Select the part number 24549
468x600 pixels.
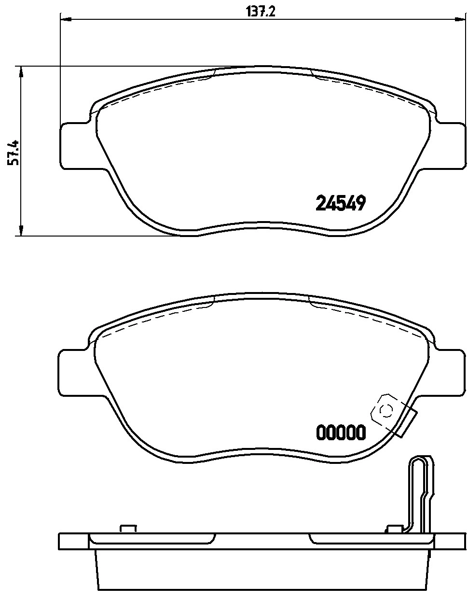340,203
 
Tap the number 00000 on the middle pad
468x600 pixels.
340,433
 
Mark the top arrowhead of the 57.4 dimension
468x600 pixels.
20,71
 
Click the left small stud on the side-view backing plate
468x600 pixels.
128,529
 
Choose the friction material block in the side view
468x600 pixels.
263,572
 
